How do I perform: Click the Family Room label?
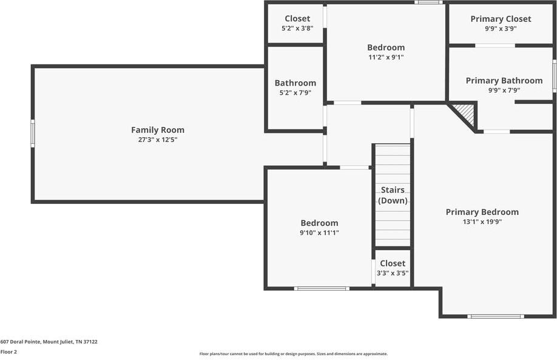[158, 130]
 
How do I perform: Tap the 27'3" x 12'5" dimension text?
[158, 140]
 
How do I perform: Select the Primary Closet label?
[501, 19]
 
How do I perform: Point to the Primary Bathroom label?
[504, 81]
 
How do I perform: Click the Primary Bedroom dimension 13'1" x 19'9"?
[482, 222]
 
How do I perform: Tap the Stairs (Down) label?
[393, 195]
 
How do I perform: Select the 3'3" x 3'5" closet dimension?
[393, 273]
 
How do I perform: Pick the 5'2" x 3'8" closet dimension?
[297, 29]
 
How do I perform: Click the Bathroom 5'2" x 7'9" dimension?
[295, 93]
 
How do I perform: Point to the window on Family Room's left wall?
[33, 134]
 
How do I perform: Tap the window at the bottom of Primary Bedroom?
[496, 316]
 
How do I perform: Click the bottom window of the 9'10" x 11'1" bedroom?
[322, 288]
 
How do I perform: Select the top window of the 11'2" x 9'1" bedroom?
[428, 2]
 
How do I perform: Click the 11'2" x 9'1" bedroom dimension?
[386, 57]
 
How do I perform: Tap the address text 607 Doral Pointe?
[21, 342]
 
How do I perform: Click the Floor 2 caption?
[8, 352]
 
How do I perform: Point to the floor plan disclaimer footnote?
[294, 354]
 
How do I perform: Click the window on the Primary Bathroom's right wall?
[555, 76]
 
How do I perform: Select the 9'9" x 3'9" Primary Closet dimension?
[501, 29]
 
